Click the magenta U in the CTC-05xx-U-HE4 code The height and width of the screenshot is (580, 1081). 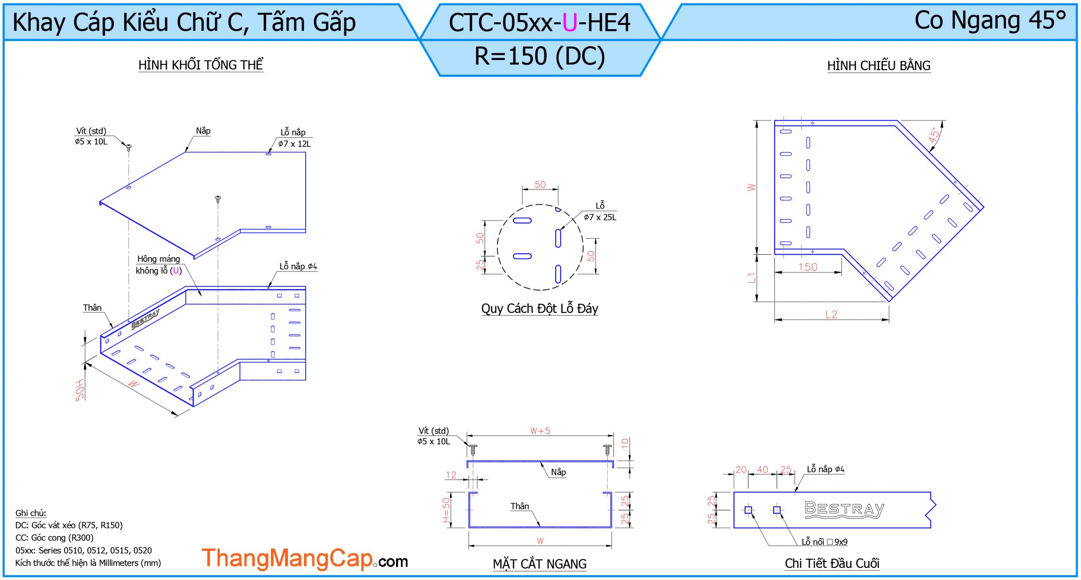click(x=570, y=23)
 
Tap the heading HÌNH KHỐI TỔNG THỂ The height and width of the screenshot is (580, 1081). click(x=201, y=65)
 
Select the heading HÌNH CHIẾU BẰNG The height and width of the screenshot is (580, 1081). click(x=879, y=65)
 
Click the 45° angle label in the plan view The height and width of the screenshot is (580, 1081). click(x=934, y=135)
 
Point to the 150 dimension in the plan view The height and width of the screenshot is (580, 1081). click(x=808, y=267)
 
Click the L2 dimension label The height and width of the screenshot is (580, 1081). click(x=831, y=314)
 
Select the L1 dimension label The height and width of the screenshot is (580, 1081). click(x=751, y=278)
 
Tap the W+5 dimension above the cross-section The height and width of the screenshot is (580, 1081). click(x=540, y=431)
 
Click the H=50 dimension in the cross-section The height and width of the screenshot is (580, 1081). click(x=446, y=509)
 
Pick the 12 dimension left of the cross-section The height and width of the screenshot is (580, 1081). click(x=451, y=475)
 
